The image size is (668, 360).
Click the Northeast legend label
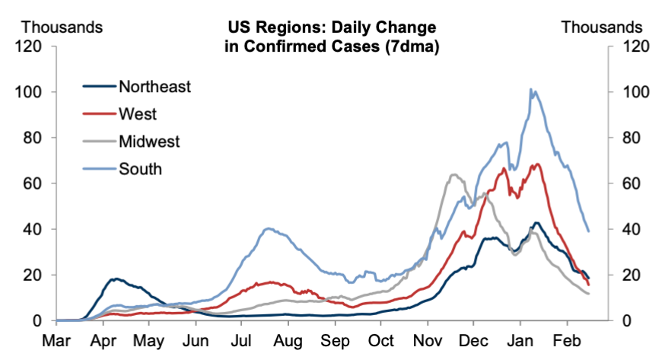(154, 86)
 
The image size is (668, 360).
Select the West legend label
(138, 114)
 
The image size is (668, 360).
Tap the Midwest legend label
(149, 141)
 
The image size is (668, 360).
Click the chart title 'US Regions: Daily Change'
(332, 28)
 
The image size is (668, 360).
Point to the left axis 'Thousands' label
(61, 27)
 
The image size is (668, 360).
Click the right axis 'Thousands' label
(602, 27)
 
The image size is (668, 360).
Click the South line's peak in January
(531, 90)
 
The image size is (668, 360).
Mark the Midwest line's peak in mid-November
(454, 175)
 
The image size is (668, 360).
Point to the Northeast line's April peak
(115, 279)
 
